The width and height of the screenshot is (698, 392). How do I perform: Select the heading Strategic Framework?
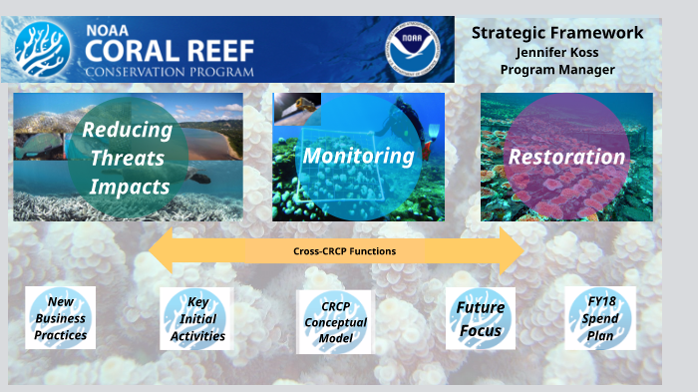[x=557, y=33]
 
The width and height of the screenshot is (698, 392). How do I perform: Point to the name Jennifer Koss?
[x=557, y=52]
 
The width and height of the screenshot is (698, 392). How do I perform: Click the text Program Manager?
[x=557, y=69]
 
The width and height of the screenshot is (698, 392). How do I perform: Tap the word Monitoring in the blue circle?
[x=358, y=156]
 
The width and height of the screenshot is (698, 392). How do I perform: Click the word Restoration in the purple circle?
[x=566, y=157]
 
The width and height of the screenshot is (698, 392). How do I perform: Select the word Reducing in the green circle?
[x=127, y=130]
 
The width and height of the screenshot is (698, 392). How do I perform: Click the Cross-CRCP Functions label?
[x=343, y=251]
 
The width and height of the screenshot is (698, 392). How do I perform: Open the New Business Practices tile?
[x=60, y=318]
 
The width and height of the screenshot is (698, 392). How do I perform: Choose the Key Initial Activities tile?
[x=196, y=319]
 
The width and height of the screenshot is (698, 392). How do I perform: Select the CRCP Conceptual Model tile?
[x=334, y=322]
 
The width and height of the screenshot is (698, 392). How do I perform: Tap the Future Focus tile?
[x=480, y=319]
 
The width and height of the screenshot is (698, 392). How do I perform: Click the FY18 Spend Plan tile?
[x=600, y=318]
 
